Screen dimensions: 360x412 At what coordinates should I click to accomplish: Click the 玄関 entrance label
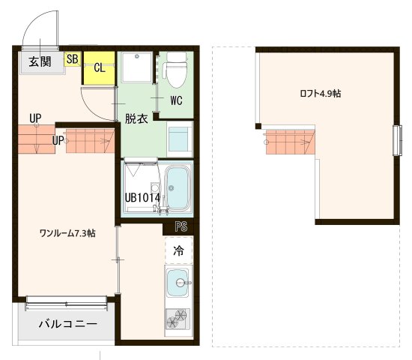[x=40, y=61]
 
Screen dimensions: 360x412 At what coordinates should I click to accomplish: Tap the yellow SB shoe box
[x=73, y=58]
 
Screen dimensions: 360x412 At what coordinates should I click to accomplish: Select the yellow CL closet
[x=98, y=67]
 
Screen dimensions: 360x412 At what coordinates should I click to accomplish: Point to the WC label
[x=177, y=100]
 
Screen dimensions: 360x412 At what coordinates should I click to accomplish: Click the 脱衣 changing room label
[x=136, y=118]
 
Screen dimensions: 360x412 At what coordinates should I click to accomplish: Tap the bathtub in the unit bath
[x=178, y=189]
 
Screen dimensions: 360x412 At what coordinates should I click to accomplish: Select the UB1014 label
[x=142, y=198]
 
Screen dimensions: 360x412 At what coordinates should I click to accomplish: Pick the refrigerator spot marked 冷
[x=178, y=250]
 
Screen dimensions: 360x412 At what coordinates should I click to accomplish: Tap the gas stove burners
[x=178, y=321]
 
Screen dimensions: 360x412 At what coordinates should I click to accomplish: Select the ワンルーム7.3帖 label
[x=67, y=233]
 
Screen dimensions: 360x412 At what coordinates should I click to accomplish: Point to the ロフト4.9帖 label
[x=321, y=94]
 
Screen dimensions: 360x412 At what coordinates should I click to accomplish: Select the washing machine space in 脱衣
[x=180, y=140]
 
